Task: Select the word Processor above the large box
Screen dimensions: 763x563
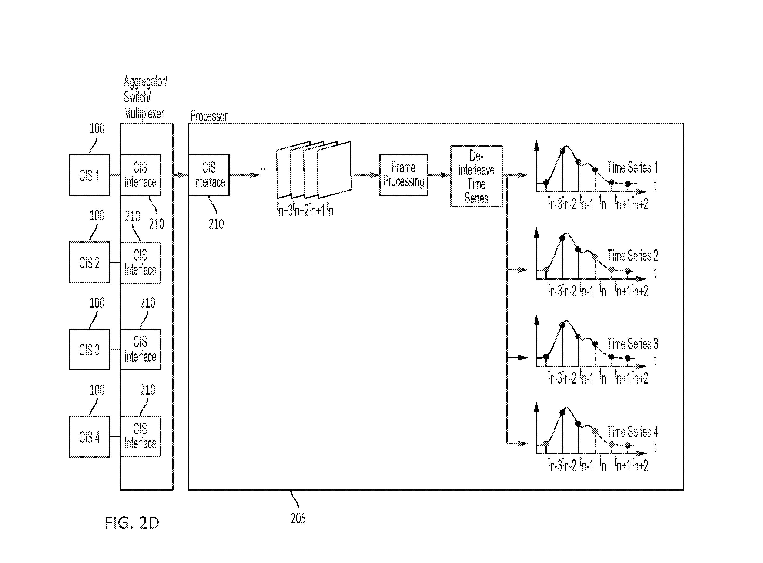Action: click(209, 116)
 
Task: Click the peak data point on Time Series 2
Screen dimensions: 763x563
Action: click(562, 238)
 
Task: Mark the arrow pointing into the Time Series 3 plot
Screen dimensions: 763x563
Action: click(518, 358)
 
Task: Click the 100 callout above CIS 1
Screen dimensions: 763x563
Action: click(97, 128)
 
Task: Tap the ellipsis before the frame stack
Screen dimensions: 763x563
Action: click(264, 169)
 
